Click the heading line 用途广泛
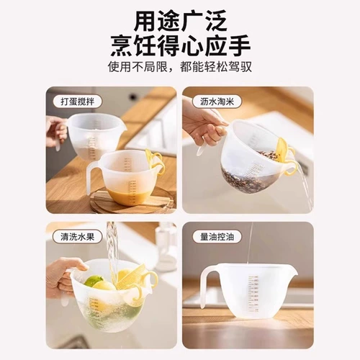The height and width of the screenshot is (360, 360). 180,22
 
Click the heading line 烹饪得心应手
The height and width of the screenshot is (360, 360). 181,45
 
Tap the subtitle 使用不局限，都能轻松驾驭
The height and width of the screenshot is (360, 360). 180,67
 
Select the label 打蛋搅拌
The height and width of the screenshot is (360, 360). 77,102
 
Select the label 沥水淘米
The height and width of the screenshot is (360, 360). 217,102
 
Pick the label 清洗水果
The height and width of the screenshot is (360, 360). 77,237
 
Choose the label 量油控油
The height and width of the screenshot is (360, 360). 217,237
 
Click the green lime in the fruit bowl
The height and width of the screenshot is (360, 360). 94,282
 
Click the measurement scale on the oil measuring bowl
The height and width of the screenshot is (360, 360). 253,294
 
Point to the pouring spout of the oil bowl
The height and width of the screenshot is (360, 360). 294,271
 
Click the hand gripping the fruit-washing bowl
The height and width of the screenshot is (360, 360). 63,276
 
